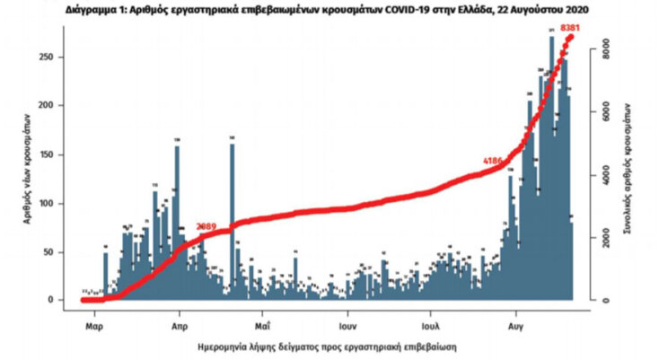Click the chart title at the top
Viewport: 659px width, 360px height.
coord(329,9)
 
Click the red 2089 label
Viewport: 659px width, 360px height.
coord(207,227)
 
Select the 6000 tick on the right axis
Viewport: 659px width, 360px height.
coord(606,110)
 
